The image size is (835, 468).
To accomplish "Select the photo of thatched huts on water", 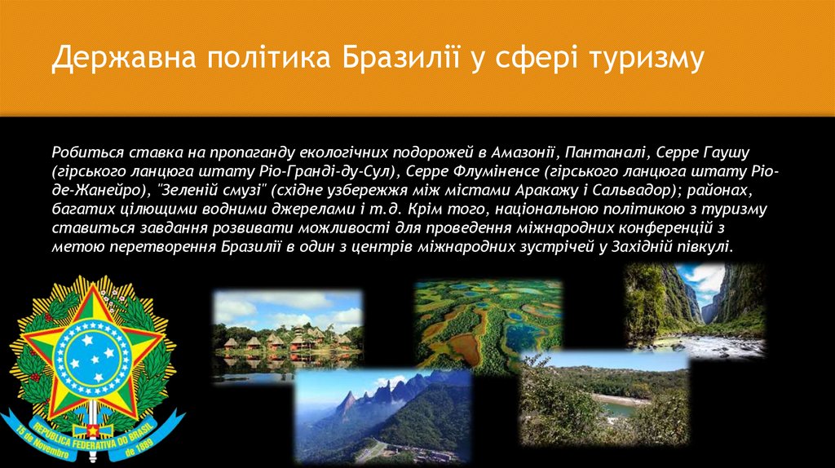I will pyautogui.click(x=287, y=333).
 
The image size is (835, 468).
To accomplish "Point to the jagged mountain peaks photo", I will pyautogui.click(x=382, y=416).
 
